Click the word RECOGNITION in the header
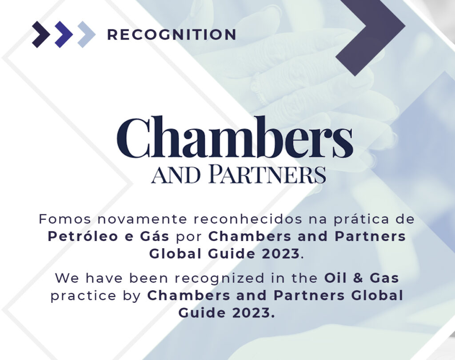172,35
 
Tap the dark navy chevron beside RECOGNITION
41,34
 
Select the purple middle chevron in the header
64,34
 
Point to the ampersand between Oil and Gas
356,278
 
